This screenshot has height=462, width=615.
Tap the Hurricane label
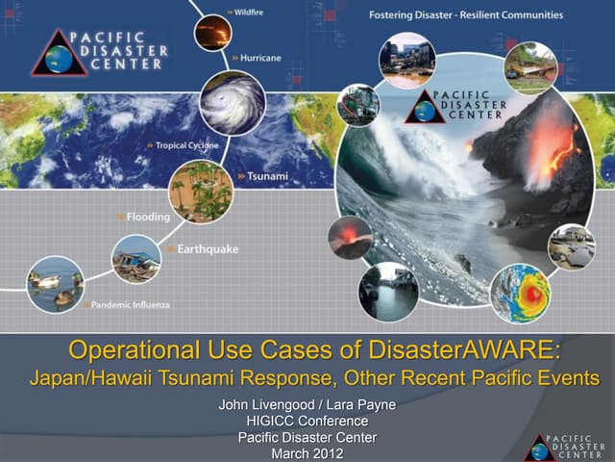[258, 58]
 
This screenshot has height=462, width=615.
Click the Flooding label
[145, 217]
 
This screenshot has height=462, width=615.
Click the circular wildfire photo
[212, 34]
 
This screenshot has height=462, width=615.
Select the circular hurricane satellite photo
[232, 101]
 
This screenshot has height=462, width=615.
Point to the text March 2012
[307, 453]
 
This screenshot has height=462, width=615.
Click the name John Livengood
[265, 404]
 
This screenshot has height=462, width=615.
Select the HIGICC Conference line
[307, 421]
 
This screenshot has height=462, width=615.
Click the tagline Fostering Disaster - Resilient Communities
[465, 14]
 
